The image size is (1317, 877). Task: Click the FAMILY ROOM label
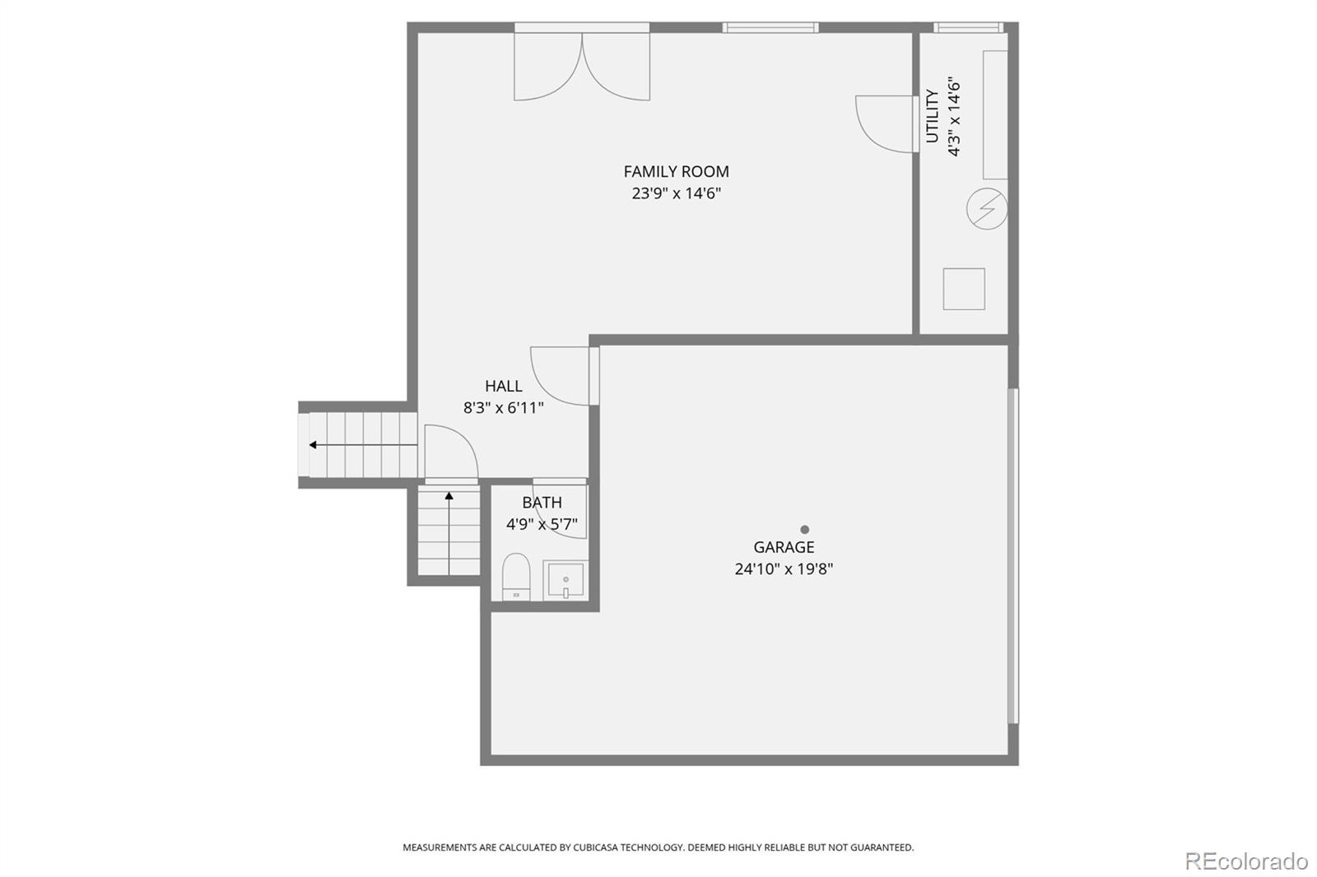point(676,171)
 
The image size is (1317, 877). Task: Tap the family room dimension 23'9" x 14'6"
point(676,193)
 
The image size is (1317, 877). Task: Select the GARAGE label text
point(784,547)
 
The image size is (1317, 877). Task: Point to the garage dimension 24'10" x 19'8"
point(784,568)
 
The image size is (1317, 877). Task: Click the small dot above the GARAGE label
point(804,530)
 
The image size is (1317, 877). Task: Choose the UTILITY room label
point(933,116)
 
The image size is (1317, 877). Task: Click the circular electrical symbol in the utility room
point(986,209)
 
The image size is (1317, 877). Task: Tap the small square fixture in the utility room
point(964,289)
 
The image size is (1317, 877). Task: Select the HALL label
point(503,386)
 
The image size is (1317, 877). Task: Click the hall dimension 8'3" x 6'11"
point(503,407)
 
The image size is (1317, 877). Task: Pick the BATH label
point(542,503)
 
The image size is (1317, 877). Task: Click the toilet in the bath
point(516,575)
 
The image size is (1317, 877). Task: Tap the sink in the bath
point(565,580)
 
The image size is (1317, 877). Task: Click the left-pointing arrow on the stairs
point(314,445)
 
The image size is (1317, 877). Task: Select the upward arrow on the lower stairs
point(449,497)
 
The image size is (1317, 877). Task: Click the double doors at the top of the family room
point(582,66)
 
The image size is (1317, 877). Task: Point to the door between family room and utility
point(885,124)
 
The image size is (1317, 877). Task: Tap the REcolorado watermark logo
point(1245,861)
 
